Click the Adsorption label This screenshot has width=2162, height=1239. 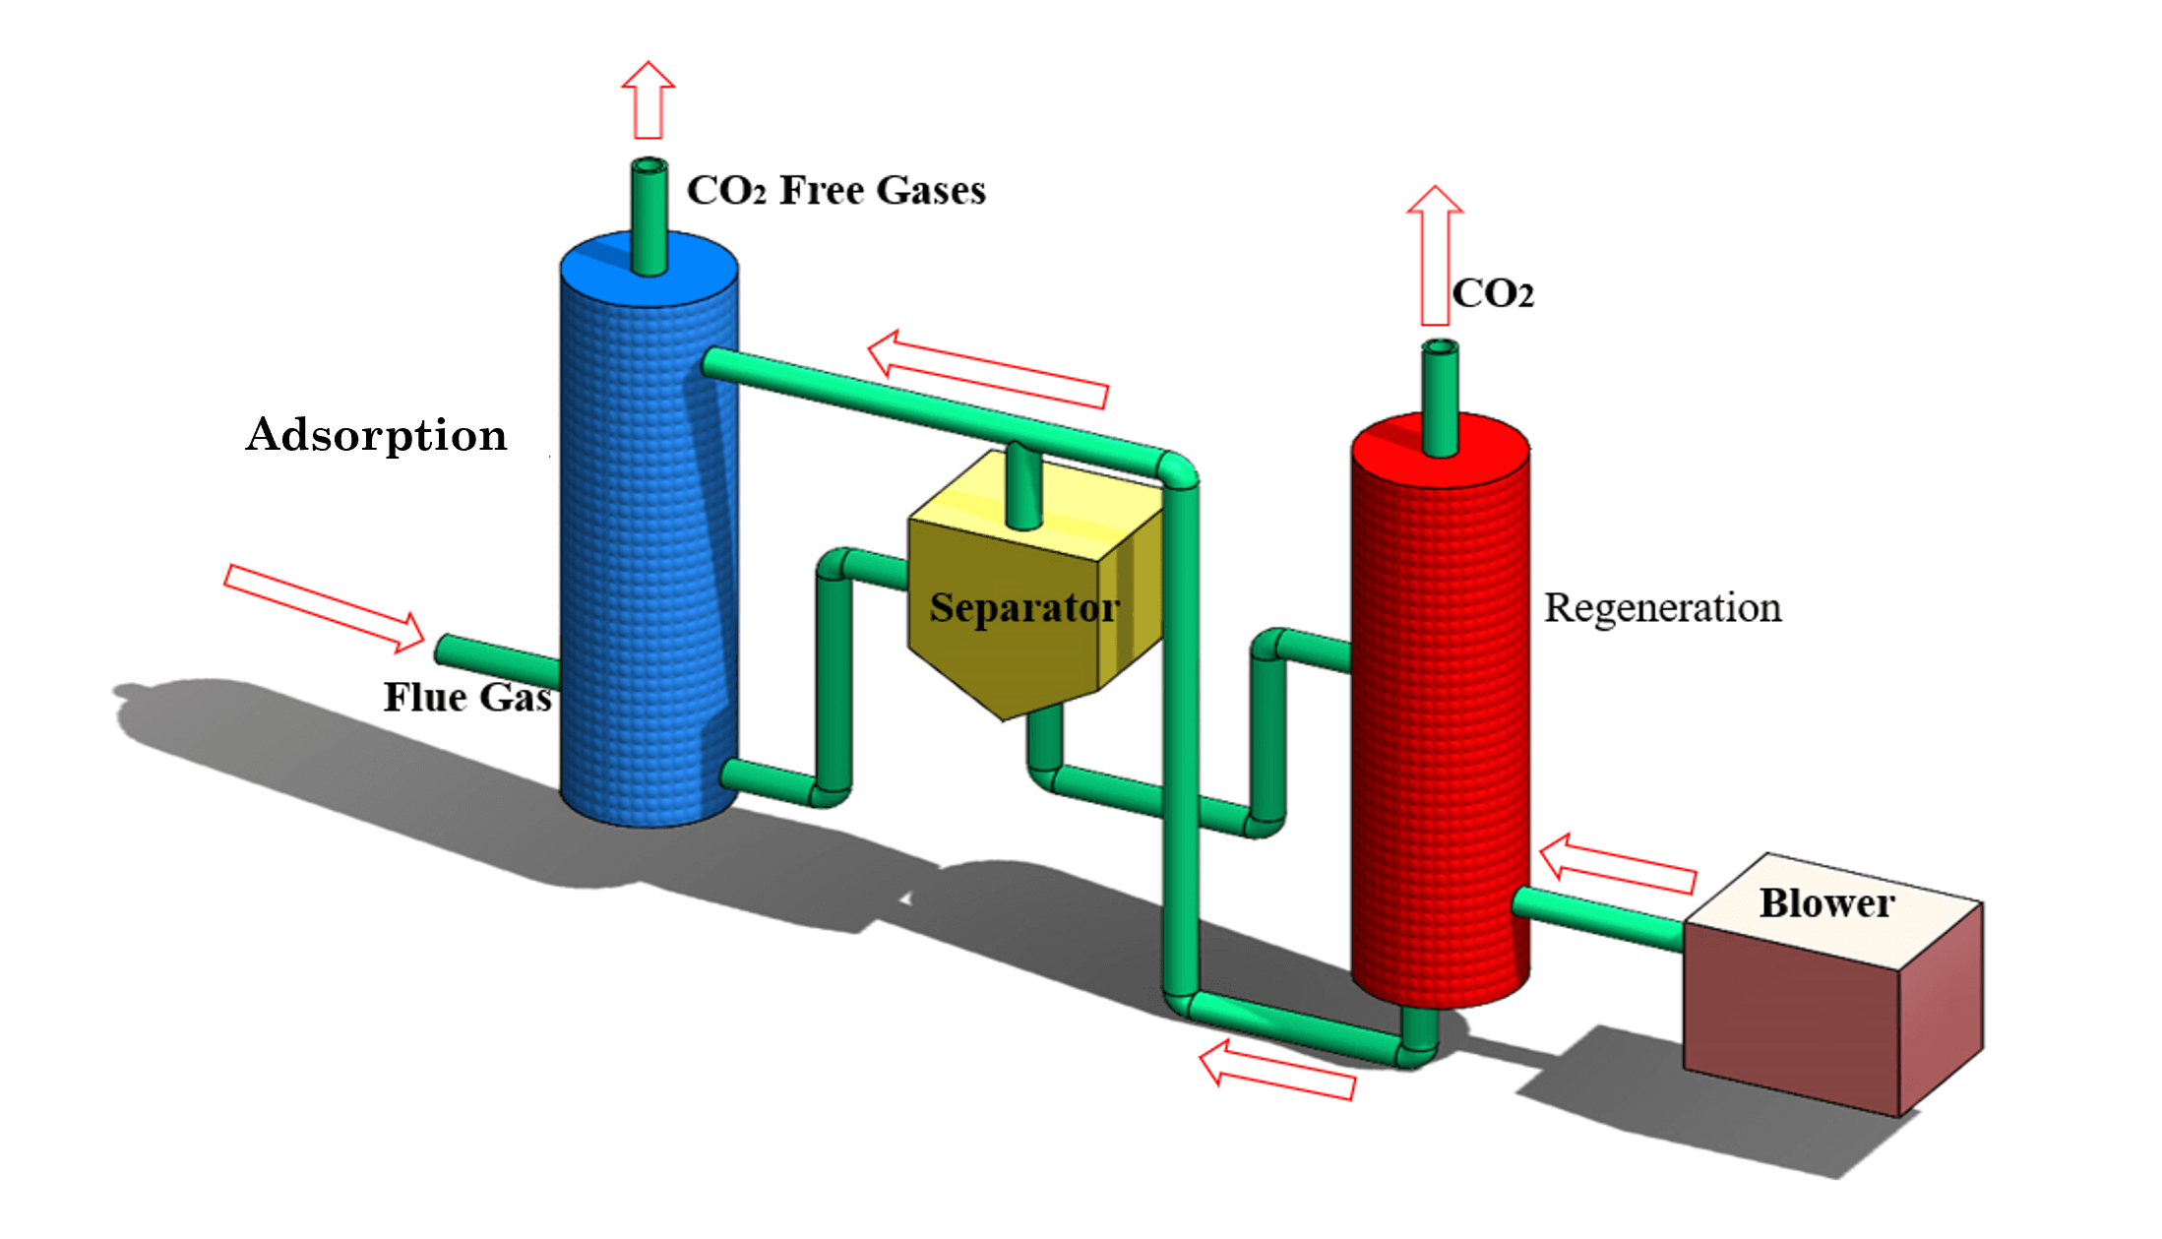(x=377, y=435)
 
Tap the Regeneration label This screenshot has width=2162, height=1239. (x=1662, y=608)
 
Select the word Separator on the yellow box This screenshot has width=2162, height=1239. (x=1024, y=608)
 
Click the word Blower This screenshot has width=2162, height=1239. (x=1827, y=902)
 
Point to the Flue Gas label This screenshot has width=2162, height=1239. (x=467, y=697)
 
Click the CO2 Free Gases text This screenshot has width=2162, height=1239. (x=836, y=190)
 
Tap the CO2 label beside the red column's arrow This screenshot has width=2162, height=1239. (x=1493, y=293)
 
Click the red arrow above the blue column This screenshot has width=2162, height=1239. (x=649, y=99)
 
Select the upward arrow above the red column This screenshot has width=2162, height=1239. (x=1435, y=255)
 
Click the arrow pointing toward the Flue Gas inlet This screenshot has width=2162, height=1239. (x=325, y=608)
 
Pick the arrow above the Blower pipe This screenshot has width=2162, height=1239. (x=1618, y=864)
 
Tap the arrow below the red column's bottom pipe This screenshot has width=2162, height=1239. (x=1277, y=1070)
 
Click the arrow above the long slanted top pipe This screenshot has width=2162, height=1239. (x=988, y=369)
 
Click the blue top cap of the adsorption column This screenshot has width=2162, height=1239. (x=649, y=268)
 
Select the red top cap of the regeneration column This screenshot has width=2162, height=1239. (x=1441, y=451)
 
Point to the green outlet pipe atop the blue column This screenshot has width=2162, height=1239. (x=649, y=217)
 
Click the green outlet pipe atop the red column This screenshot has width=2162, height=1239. (x=1441, y=399)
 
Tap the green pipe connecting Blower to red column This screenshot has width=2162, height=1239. (x=1598, y=918)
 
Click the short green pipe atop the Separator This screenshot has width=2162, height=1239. (x=1023, y=485)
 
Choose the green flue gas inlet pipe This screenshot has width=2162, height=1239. (x=498, y=661)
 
